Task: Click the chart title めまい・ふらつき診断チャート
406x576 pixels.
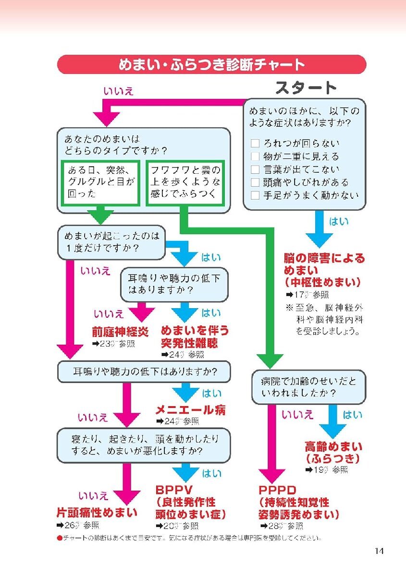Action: coord(211,64)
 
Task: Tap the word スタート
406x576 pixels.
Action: coord(306,88)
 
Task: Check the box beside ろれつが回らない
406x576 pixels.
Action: coord(255,144)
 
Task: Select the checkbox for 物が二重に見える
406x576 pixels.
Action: coord(255,156)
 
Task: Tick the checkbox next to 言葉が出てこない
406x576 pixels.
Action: coord(255,169)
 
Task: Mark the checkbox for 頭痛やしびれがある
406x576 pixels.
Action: coord(255,182)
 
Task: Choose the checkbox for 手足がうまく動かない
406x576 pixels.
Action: coord(255,195)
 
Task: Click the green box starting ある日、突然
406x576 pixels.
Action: coord(101,182)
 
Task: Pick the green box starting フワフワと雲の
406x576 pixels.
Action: coord(185,182)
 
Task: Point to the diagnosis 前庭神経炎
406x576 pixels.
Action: coord(120,332)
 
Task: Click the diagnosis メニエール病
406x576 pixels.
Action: coord(190,410)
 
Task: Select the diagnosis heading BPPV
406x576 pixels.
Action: coord(174,490)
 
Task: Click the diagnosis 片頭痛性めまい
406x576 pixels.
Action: coord(97,513)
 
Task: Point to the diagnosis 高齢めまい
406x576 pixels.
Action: coord(333,447)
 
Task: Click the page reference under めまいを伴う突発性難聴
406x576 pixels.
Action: coord(183,355)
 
